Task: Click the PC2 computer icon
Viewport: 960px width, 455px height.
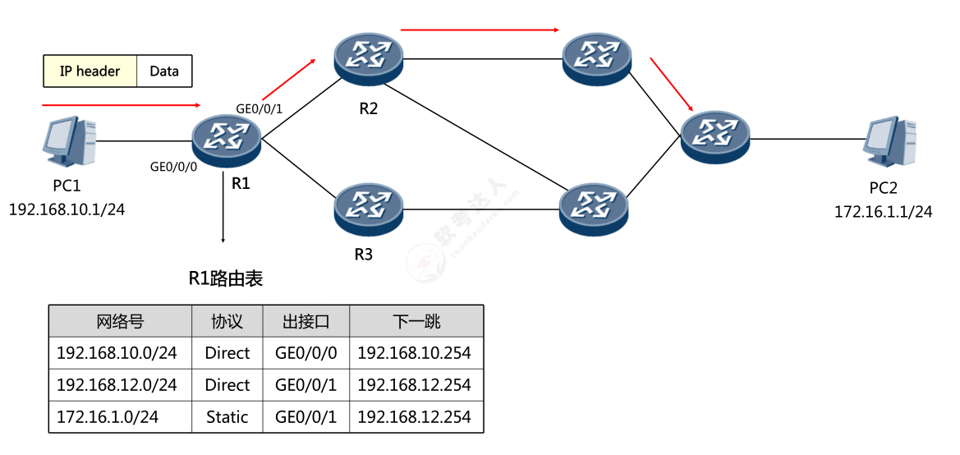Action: [890, 142]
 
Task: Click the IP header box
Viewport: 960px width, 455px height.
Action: [90, 71]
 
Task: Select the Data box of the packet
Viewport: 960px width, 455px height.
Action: [164, 71]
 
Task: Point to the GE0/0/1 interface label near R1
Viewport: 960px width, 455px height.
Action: [260, 108]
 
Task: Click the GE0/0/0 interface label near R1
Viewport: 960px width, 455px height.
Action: [173, 166]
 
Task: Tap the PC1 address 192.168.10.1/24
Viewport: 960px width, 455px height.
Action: [67, 209]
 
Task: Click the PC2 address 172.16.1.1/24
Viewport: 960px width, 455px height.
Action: [884, 212]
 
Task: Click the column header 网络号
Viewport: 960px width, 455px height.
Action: [120, 321]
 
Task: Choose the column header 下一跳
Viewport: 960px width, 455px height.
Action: [416, 321]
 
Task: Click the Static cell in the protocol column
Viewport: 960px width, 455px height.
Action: [227, 417]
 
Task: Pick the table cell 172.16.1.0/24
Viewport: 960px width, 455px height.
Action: [108, 417]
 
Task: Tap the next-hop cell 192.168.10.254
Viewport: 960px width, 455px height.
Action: [415, 353]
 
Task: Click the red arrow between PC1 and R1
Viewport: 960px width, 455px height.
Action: [121, 105]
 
